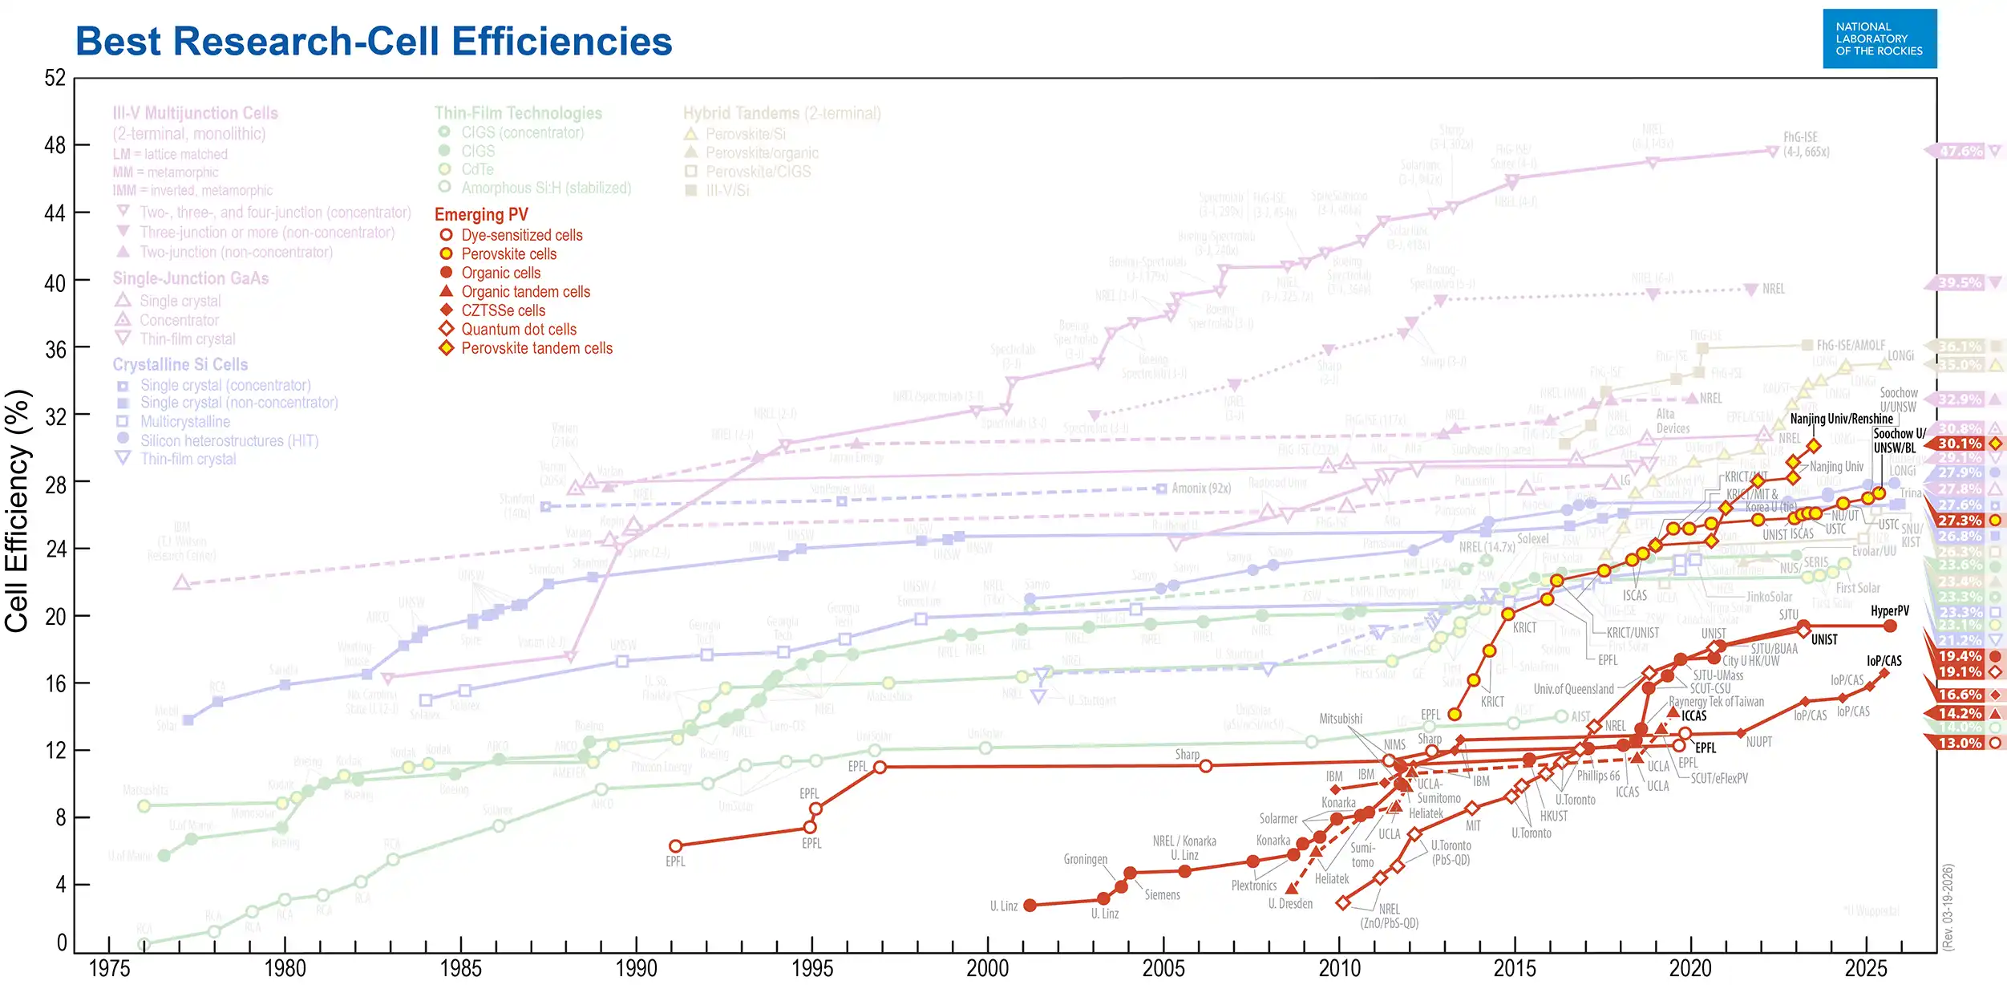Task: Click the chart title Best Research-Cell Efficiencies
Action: coord(374,42)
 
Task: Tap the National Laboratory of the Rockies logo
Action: coord(1879,39)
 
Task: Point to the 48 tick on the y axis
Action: coord(55,146)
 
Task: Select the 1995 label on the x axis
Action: coord(811,968)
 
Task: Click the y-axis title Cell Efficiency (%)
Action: coord(18,511)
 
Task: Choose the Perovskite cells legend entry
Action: coord(508,254)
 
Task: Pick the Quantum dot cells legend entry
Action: coord(519,330)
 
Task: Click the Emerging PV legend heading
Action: coord(481,215)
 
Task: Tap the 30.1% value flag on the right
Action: coord(1960,444)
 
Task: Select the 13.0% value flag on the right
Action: coord(1960,744)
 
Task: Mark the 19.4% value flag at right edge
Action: coord(1960,656)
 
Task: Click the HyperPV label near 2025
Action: coord(1889,611)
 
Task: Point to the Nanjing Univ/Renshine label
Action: coord(1841,419)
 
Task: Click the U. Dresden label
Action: coord(1290,904)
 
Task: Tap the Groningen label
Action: coord(1085,860)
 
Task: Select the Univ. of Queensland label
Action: coord(1573,690)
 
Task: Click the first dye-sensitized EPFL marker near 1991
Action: coord(675,846)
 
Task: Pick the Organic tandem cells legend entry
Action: coord(525,292)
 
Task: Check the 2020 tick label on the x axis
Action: coord(1690,968)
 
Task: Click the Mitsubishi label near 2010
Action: coord(1341,719)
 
